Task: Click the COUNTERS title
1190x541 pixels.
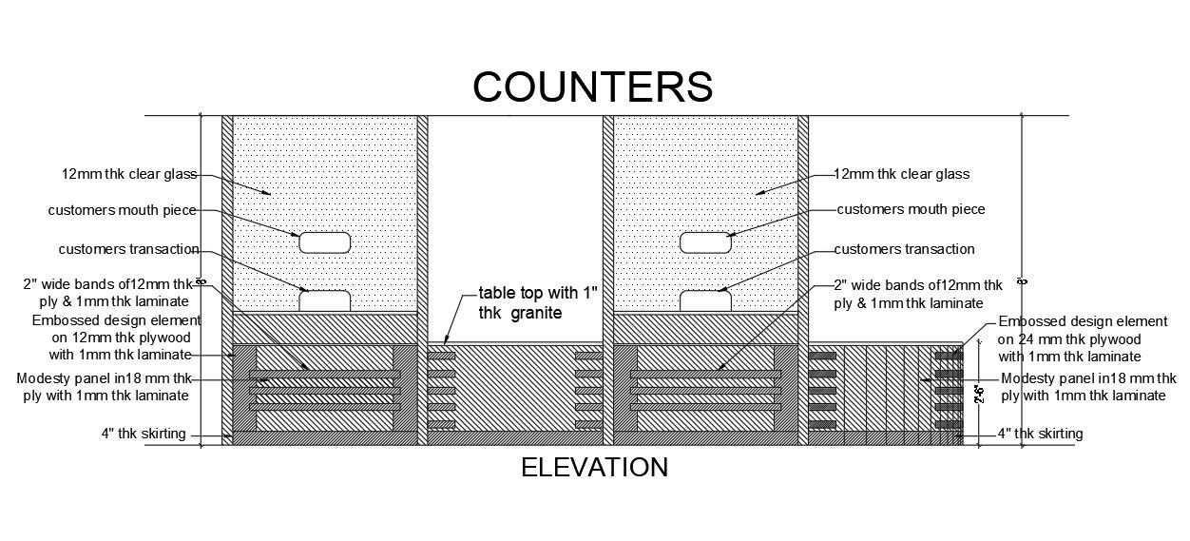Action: click(x=592, y=86)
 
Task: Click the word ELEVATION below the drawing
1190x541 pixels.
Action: click(x=595, y=467)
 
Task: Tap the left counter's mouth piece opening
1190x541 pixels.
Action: click(x=325, y=242)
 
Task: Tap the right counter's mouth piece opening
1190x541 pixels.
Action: click(x=705, y=242)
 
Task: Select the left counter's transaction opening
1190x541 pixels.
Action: click(x=325, y=301)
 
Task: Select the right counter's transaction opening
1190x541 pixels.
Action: click(x=705, y=301)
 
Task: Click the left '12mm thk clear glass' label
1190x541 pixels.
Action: click(x=129, y=175)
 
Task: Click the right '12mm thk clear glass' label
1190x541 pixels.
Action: click(x=901, y=174)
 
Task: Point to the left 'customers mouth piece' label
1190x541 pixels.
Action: click(x=124, y=210)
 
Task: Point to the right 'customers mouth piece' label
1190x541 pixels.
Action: click(x=911, y=209)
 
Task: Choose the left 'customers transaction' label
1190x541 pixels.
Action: click(x=128, y=249)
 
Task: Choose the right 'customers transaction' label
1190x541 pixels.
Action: click(x=904, y=249)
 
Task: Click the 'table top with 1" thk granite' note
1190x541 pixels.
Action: click(x=538, y=301)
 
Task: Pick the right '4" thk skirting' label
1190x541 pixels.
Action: click(x=1039, y=434)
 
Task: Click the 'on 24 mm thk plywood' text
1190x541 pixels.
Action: click(x=1068, y=339)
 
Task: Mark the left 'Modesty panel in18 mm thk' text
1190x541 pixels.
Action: click(x=105, y=378)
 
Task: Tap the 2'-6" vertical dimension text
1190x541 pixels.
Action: click(x=979, y=394)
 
